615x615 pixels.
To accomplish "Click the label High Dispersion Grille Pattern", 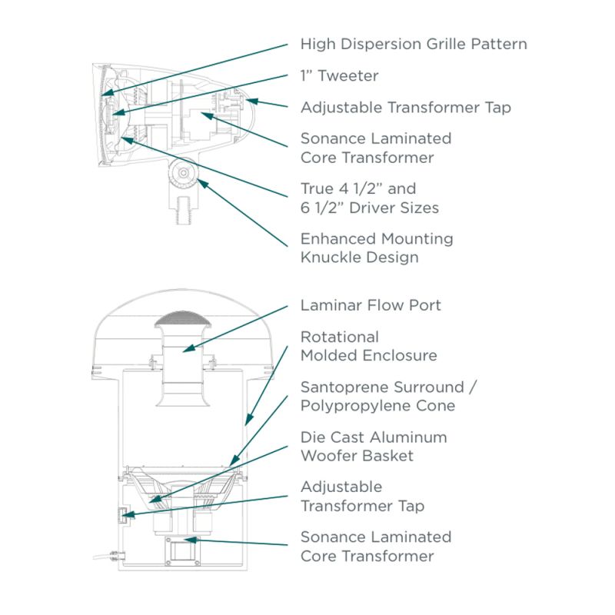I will (414, 44).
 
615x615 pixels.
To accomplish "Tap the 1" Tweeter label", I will (339, 76).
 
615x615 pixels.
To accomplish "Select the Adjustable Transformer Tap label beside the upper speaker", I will (405, 108).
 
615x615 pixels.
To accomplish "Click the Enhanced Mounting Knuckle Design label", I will (377, 248).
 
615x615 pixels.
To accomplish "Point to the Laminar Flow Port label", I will (371, 305).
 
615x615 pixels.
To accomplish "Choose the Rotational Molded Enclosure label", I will (368, 346).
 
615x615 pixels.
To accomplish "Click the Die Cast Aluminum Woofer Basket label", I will (374, 446).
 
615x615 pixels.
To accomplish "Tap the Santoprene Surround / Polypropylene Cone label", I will (388, 396).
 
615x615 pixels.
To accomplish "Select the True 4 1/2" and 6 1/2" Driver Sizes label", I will (369, 198).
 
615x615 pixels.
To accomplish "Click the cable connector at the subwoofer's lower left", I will (112, 554).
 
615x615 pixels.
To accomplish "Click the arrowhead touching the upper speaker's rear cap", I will (251, 101).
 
